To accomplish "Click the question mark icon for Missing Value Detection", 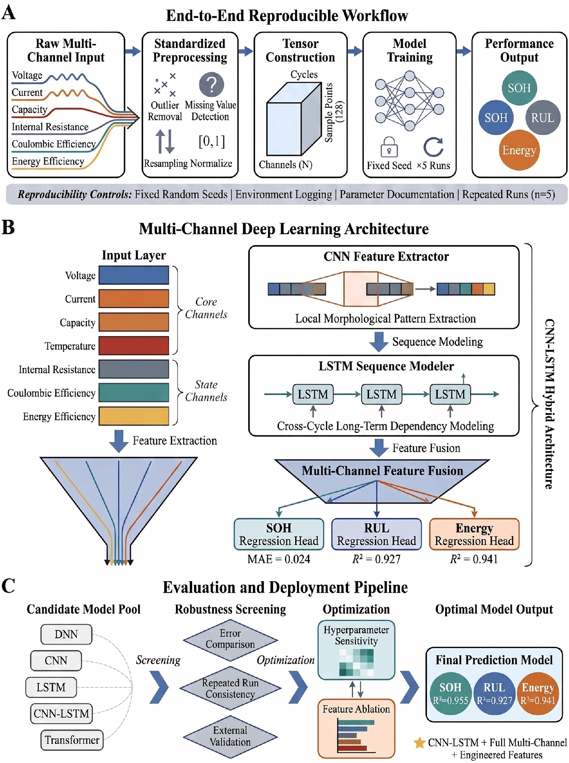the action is pos(211,85).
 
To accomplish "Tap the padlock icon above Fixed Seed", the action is pos(389,147).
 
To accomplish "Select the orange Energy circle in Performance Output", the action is pos(519,150).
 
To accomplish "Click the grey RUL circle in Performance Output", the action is pos(543,117).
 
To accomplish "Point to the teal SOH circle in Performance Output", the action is pos(519,88).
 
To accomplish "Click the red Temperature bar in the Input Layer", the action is pos(134,346).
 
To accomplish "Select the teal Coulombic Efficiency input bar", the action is pos(134,393).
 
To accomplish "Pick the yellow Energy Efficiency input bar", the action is pos(134,416).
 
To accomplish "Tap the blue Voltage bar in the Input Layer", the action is pos(134,275).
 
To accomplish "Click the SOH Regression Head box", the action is pos(279,534).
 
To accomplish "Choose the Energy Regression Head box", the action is pos(474,534).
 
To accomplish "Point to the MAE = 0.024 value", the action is pos(279,559).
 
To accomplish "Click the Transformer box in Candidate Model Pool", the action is pos(72,740).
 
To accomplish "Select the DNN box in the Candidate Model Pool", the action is pos(66,634).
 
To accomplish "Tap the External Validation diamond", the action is pos(230,736).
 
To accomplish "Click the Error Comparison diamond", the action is pos(230,639).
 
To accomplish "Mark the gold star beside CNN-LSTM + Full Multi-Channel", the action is pos(419,743).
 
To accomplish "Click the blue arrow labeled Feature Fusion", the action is pos(379,448).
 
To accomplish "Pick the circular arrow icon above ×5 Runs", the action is pos(433,147).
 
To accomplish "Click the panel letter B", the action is pos(8,227).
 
